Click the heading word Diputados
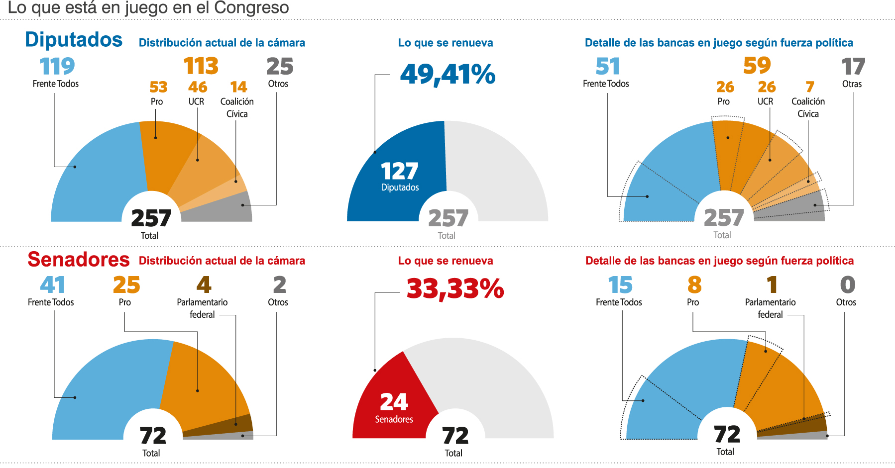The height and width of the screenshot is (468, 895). (x=74, y=40)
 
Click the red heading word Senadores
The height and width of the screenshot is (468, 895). (x=79, y=260)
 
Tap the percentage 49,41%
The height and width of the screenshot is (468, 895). (x=447, y=75)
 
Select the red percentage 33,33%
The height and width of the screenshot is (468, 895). (x=455, y=288)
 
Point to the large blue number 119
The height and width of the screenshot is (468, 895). (x=57, y=66)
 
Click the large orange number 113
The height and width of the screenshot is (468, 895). (x=201, y=66)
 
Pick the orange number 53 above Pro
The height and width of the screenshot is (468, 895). (x=158, y=88)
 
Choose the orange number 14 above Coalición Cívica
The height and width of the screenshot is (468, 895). (x=238, y=88)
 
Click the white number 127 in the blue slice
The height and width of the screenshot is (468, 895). (x=399, y=172)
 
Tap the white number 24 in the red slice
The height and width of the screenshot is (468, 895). (x=394, y=402)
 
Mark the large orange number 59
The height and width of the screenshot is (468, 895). (x=757, y=66)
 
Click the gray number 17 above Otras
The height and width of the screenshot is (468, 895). (x=853, y=67)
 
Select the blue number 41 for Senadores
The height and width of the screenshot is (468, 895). (x=52, y=285)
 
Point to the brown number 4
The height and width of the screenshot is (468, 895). (x=204, y=285)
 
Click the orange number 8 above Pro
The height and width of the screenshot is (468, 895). (x=694, y=285)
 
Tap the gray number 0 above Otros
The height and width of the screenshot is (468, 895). (x=847, y=285)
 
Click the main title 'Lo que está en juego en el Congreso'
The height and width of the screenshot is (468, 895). (x=148, y=8)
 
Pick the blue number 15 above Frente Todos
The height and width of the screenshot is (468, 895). (x=620, y=285)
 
